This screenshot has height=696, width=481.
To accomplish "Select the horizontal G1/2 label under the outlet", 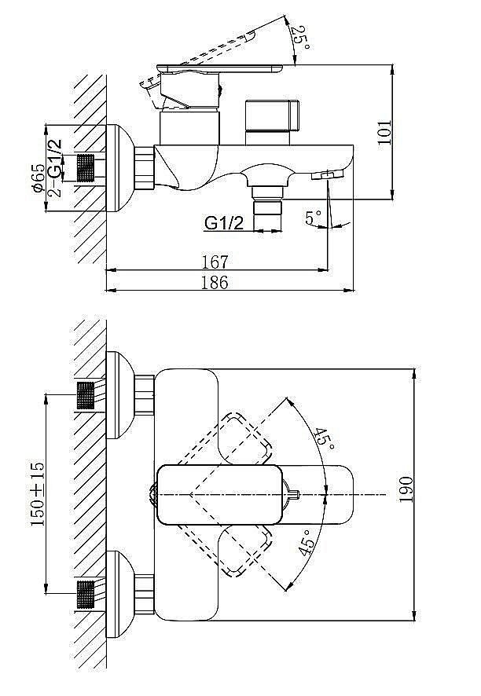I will [223, 223].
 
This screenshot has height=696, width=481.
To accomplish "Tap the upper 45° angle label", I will [322, 438].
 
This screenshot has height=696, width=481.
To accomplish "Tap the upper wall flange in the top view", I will [119, 394].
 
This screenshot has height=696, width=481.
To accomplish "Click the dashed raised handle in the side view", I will [209, 53].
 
